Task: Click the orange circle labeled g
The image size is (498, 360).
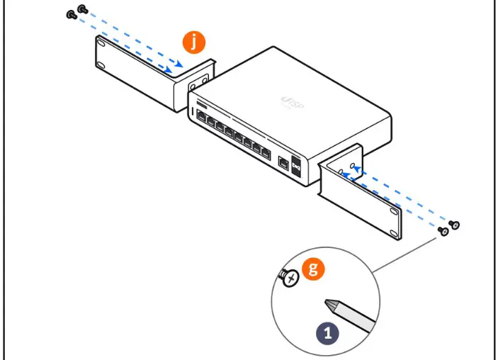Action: [312, 269]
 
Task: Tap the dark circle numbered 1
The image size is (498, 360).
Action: [327, 330]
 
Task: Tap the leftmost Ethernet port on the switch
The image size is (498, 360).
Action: [201, 117]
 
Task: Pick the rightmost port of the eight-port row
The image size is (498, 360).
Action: [265, 152]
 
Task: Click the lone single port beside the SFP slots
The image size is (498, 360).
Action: [283, 162]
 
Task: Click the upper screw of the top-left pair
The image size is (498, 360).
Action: [81, 9]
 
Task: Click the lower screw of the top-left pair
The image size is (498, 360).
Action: [71, 14]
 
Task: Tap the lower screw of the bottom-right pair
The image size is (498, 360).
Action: [445, 231]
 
